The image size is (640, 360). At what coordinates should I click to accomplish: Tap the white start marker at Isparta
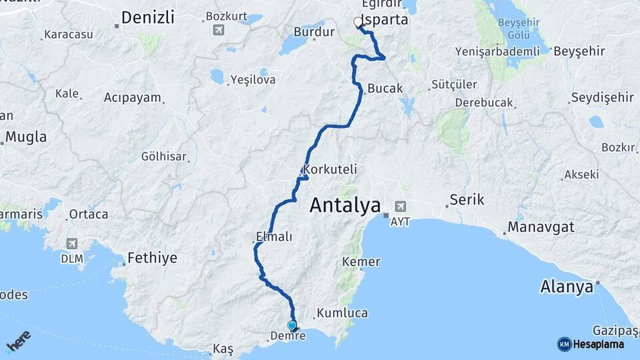pyautogui.click(x=358, y=22)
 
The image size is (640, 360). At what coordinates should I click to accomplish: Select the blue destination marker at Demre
pyautogui.click(x=291, y=325)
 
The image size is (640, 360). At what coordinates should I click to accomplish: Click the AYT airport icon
pyautogui.click(x=400, y=207)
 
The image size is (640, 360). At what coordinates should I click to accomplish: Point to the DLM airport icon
pyautogui.click(x=71, y=243)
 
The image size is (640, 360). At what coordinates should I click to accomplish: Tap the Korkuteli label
pyautogui.click(x=327, y=169)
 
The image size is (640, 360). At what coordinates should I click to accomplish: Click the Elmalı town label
pyautogui.click(x=274, y=236)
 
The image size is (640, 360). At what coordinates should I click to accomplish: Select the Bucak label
pyautogui.click(x=385, y=88)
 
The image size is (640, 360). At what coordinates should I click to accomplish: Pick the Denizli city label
pyautogui.click(x=149, y=17)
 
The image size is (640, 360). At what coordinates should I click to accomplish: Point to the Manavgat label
pyautogui.click(x=541, y=227)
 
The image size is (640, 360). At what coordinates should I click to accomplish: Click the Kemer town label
pyautogui.click(x=361, y=262)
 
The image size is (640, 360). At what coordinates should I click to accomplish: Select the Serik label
pyautogui.click(x=467, y=199)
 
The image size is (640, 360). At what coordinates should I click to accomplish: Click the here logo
pyautogui.click(x=19, y=342)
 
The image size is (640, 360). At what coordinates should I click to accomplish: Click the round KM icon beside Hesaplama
pyautogui.click(x=564, y=344)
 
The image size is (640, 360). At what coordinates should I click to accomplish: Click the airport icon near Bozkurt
pyautogui.click(x=219, y=30)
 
